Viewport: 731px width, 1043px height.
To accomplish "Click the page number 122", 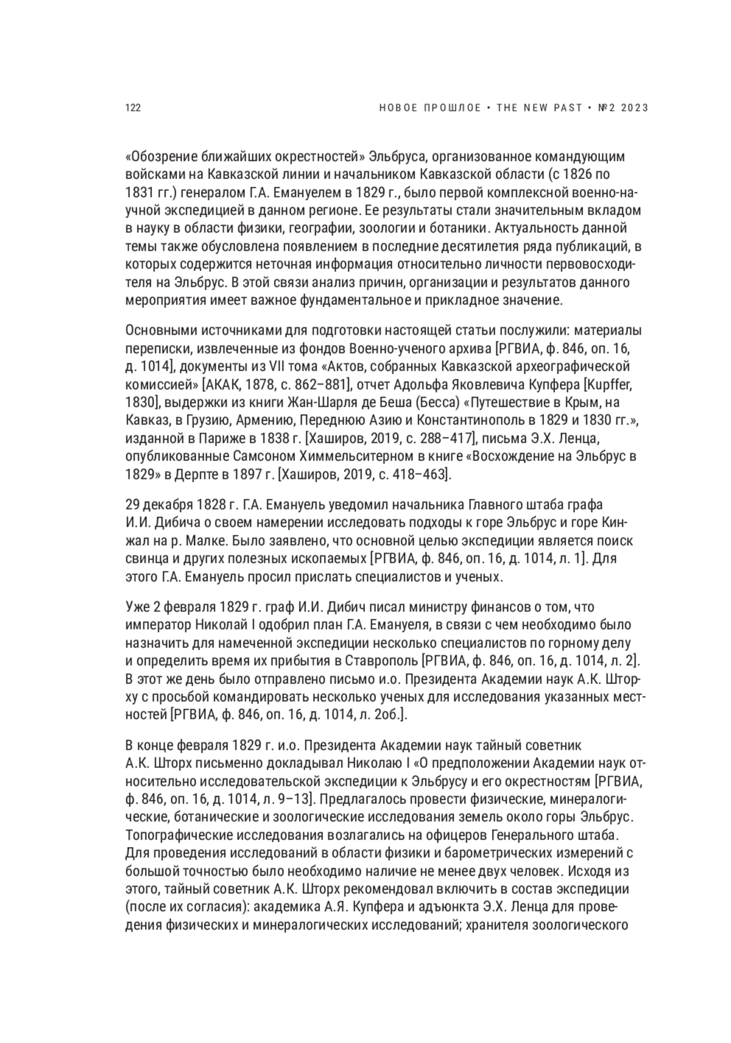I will click(x=133, y=108).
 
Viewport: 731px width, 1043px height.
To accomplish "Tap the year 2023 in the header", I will click(x=634, y=108).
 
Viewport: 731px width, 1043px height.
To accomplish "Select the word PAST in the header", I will click(x=565, y=108).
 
